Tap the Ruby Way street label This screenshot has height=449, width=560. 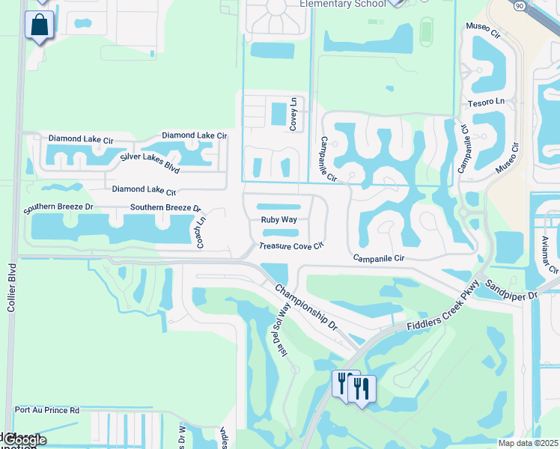279,220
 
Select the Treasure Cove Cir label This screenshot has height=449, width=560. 291,245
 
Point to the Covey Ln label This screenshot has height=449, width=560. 293,114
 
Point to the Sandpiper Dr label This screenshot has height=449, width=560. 511,290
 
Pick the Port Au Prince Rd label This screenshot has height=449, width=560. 46,410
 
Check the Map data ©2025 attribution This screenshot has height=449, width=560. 528,443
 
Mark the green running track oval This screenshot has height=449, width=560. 427,31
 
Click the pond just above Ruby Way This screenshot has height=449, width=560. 279,207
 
